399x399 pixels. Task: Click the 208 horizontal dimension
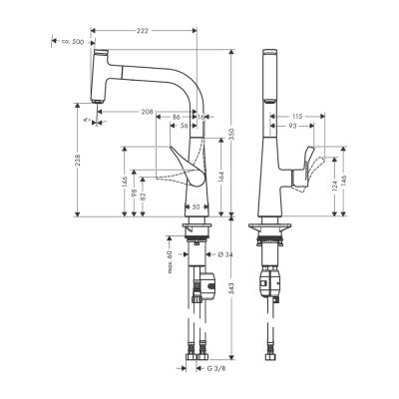coord(149,112)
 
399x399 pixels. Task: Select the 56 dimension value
coord(183,127)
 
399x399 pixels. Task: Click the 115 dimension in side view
coord(298,117)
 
